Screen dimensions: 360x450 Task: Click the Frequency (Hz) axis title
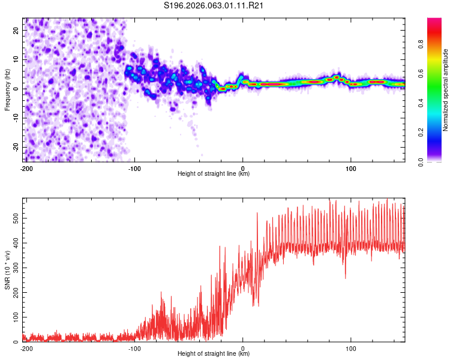[7, 90]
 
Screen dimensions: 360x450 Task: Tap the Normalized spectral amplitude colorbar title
[446, 90]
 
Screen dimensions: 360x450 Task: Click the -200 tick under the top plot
[26, 169]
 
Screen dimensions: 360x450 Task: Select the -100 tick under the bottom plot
[134, 349]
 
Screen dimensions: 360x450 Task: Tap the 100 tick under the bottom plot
[352, 349]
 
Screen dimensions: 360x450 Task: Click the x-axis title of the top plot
[214, 174]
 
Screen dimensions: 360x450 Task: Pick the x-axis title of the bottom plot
[214, 354]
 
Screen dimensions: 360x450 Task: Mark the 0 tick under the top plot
[243, 169]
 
